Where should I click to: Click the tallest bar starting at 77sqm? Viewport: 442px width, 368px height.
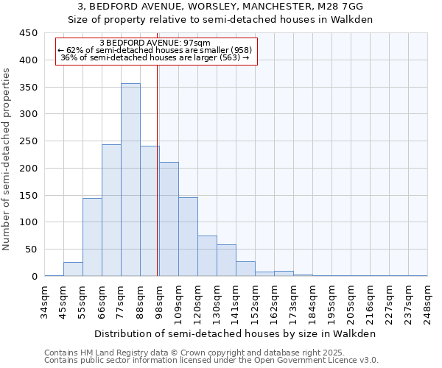click(130, 180)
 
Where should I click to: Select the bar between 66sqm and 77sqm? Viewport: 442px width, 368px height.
click(111, 210)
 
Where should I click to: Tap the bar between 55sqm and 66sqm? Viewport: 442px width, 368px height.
click(92, 237)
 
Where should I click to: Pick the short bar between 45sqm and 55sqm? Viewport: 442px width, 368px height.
click(73, 269)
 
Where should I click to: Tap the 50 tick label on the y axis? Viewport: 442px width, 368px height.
click(32, 250)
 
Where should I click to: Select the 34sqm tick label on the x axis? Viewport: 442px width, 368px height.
click(45, 300)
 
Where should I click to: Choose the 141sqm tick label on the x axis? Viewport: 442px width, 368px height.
click(236, 300)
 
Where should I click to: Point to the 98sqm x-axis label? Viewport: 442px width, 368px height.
click(160, 300)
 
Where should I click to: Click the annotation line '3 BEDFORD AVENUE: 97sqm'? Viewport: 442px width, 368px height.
click(155, 43)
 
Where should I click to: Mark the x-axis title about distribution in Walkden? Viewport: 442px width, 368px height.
click(234, 333)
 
